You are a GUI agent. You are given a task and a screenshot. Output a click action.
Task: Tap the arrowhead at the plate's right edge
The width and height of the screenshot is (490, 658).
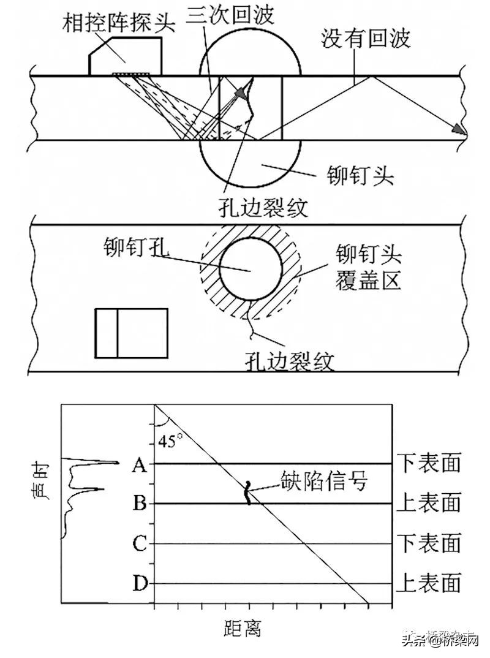[x=458, y=129]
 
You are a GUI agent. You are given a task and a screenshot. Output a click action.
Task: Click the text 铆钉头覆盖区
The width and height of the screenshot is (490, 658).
[x=367, y=268]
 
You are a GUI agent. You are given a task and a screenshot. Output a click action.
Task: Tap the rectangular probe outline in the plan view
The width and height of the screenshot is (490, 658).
[x=131, y=333]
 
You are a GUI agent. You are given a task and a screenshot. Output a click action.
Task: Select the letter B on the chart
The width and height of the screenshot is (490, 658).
[x=139, y=504]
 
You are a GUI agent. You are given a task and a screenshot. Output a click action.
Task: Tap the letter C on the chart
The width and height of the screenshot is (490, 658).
[x=139, y=543]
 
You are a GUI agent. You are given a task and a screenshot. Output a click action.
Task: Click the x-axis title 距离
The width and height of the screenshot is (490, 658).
[x=243, y=627]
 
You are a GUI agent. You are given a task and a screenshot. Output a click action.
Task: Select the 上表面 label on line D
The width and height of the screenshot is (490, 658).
[x=428, y=583]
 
